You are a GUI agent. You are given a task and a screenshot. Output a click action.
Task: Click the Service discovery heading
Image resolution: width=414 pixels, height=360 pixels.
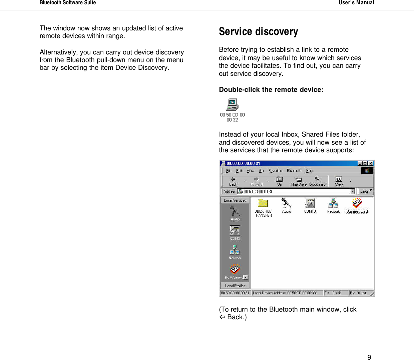(258, 31)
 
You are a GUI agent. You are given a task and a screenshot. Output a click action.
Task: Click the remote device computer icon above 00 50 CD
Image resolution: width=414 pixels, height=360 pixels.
(232, 105)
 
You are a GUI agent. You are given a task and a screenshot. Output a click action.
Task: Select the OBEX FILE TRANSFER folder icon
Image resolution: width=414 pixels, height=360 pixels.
(263, 203)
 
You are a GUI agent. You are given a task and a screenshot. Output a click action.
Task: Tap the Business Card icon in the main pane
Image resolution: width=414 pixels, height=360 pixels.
(357, 203)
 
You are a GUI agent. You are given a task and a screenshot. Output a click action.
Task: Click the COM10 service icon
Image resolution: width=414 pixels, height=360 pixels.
(310, 203)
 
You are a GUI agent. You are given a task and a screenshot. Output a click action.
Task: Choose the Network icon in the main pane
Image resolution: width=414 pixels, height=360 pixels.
(333, 203)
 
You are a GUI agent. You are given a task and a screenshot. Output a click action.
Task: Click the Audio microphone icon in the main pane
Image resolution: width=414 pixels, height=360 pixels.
(286, 203)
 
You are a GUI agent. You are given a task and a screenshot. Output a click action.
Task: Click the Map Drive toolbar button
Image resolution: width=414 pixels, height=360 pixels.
(299, 181)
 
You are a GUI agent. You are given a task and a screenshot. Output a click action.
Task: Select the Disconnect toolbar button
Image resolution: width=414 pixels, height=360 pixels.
(318, 181)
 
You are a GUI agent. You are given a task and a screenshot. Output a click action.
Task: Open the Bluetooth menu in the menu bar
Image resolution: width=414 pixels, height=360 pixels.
(294, 171)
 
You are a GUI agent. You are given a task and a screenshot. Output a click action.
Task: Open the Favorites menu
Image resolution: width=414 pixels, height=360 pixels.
(275, 171)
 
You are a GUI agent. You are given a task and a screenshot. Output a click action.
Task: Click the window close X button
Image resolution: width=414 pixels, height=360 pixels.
(371, 163)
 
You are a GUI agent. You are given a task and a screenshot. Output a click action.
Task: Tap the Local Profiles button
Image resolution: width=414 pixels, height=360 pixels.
(235, 286)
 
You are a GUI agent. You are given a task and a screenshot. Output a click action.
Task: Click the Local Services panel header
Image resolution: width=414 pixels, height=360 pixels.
(235, 200)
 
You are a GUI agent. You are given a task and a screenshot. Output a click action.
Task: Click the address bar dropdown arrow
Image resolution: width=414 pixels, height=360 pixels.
(352, 191)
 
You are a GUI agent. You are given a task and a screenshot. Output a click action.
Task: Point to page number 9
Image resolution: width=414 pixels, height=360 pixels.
(369, 357)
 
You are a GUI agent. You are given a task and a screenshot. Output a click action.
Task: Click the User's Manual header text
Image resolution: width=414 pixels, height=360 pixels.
(356, 3)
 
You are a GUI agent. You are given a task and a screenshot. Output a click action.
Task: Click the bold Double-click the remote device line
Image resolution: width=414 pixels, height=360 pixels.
(271, 89)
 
